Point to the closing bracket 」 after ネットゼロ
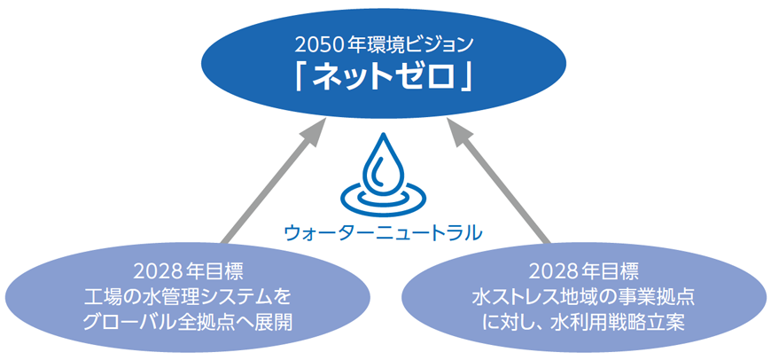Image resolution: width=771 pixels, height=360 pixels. pos(467,80)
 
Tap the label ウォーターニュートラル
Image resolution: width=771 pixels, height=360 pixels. pos(383,231)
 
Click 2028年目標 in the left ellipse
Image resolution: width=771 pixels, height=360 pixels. pos(188,271)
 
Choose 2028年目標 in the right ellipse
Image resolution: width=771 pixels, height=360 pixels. pos(584,271)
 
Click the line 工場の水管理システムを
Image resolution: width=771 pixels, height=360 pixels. pos(188,297)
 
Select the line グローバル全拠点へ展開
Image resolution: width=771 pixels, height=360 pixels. pos(188,323)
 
